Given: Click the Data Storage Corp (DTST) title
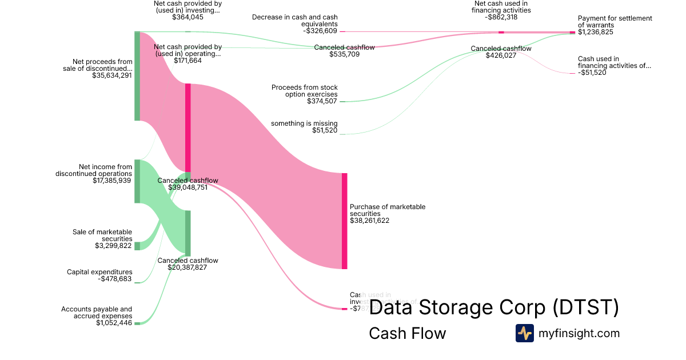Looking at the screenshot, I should coord(494,308).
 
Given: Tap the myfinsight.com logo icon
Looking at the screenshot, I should coord(524,333).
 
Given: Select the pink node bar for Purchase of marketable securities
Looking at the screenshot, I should coord(344,221).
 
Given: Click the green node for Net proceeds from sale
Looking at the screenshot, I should coord(137,76).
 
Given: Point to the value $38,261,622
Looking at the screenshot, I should coord(369,221).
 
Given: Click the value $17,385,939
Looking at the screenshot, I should coord(112,181).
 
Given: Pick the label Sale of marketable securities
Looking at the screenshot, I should coord(102,235).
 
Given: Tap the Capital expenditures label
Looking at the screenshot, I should coord(99,272).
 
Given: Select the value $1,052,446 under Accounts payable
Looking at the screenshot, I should coord(114,323).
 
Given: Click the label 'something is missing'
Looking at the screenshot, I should coord(304,123).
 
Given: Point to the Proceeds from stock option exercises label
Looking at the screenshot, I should coord(305,90).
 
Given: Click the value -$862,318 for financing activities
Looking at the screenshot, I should coord(501,17).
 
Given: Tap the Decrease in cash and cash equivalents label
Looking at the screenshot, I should coord(295,21).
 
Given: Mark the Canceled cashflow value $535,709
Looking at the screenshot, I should coord(344,55).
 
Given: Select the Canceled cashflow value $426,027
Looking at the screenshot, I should coord(501,56).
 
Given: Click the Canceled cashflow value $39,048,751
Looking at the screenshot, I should coord(188,187).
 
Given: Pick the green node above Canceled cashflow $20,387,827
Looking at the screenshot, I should coord(188,233).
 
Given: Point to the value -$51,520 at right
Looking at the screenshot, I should coord(592,73).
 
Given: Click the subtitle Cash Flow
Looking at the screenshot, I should coord(407,333).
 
